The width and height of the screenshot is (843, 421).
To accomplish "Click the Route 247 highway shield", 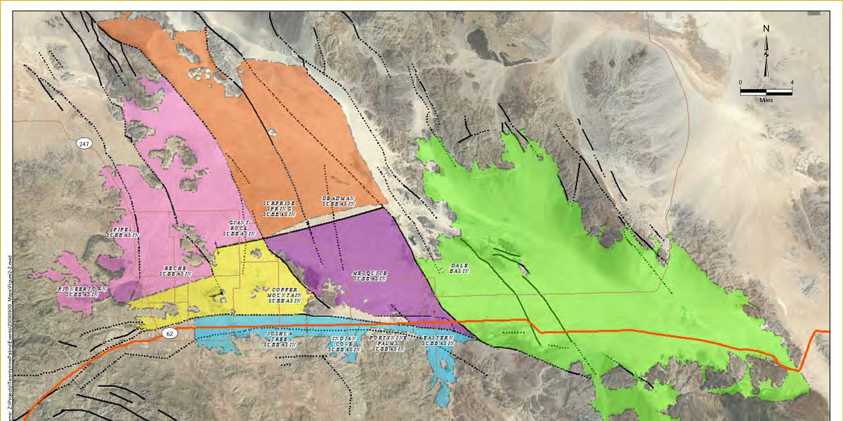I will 85,144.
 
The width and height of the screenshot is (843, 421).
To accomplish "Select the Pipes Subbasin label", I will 123,232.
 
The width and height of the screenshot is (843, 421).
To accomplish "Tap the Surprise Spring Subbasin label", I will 281,208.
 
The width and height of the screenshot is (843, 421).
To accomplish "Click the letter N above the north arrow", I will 766,29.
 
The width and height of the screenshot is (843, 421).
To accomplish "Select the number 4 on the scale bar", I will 792,83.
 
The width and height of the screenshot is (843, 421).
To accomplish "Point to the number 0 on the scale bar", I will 741,83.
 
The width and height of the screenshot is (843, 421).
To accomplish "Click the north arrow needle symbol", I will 766,56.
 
